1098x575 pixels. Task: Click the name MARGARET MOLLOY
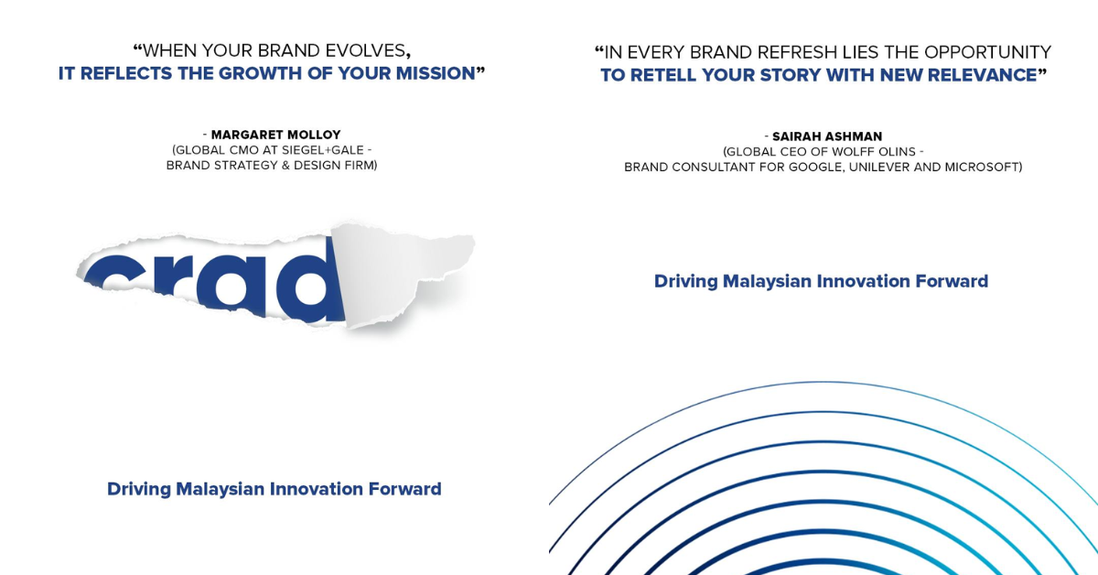pos(275,135)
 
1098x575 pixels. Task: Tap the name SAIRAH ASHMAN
pos(827,136)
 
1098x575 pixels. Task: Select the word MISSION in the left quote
pos(436,73)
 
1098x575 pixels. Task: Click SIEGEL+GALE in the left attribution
pos(322,150)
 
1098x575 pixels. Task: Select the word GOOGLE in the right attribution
pos(816,168)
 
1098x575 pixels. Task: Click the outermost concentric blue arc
pos(823,382)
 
